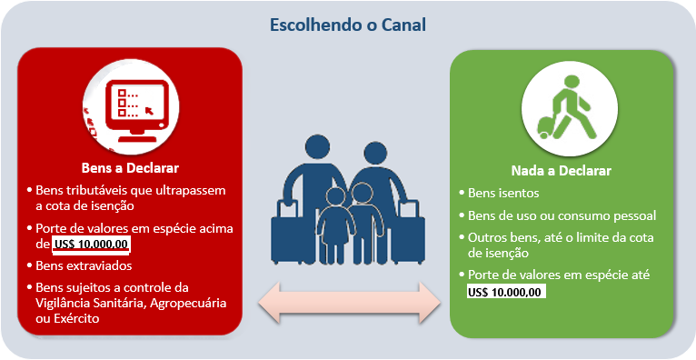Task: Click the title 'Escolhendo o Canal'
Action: tap(348, 25)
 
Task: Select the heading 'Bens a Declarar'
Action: tap(130, 169)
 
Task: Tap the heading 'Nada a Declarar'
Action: tap(561, 171)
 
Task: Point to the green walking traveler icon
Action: tap(567, 108)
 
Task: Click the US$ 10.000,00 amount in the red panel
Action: tap(91, 245)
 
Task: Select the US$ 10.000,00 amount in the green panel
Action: tap(506, 293)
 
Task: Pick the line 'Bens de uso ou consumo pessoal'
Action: tap(562, 215)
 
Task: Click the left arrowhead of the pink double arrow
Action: tap(270, 303)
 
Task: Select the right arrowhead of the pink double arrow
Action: tap(429, 303)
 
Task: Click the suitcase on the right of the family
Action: tap(408, 233)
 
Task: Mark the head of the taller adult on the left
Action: tap(319, 147)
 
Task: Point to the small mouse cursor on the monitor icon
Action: tap(149, 109)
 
